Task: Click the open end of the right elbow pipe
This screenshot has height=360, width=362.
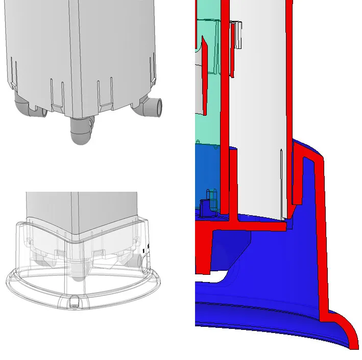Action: (159, 106)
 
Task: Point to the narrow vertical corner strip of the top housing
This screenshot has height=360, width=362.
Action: (77, 51)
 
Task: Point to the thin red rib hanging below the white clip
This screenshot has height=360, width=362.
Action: (232, 56)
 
